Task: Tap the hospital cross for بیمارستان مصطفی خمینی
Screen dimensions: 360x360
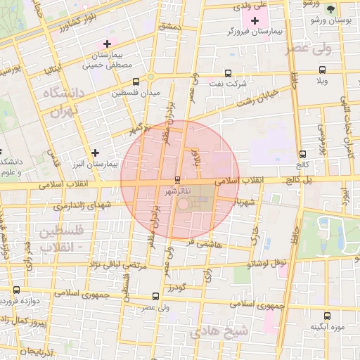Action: tap(106, 44)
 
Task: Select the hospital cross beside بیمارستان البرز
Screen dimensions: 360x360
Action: tap(96, 152)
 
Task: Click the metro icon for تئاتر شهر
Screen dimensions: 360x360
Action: tap(176, 179)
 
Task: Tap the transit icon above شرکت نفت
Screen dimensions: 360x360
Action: tap(227, 72)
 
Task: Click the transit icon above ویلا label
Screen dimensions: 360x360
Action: tap(322, 70)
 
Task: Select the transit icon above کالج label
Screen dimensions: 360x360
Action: tap(302, 154)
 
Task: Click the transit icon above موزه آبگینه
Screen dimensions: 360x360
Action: tap(326, 316)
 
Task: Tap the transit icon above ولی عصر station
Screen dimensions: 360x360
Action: tap(156, 296)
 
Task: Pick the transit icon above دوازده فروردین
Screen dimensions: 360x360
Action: tap(17, 290)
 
